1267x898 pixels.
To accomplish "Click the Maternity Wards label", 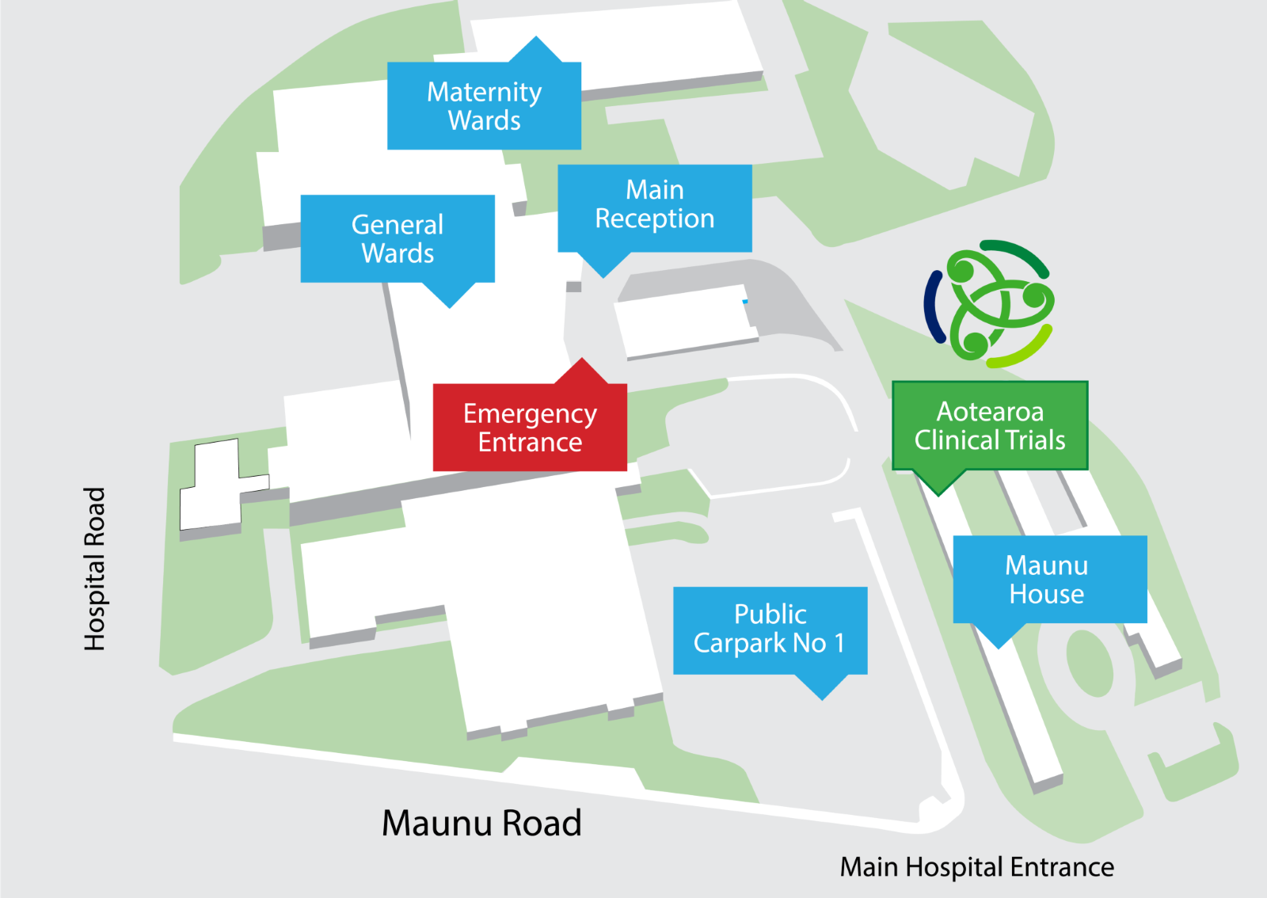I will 484,106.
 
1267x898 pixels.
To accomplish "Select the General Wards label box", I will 398,238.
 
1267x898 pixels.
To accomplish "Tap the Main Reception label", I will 655,204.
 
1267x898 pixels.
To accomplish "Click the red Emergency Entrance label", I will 530,428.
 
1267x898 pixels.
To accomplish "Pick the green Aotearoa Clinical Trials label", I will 990,426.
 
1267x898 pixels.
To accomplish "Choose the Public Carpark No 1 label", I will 770,630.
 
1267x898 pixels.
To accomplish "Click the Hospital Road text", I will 95,569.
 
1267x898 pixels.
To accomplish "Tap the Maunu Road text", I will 481,824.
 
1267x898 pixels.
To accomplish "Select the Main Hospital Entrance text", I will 976,867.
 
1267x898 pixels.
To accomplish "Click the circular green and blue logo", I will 990,304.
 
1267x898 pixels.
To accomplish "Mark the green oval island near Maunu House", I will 1090,663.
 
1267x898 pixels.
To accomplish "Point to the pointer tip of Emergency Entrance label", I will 583,360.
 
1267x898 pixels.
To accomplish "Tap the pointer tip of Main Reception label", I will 604,276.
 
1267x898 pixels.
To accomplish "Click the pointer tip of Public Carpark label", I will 823,698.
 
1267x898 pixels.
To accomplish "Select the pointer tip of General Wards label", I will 450,306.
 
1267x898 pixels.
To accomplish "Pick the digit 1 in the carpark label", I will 839,643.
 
